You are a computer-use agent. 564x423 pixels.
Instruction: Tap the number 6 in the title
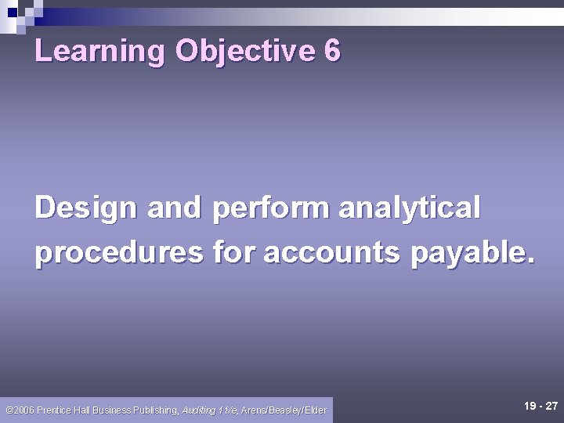pos(331,51)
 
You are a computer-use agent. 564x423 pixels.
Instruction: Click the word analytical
pos(409,208)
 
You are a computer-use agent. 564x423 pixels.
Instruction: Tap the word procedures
pos(118,252)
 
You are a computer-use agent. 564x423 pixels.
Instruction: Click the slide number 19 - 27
pos(540,406)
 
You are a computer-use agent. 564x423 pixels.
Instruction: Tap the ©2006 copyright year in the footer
pos(19,410)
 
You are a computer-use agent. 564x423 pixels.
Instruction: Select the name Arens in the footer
pos(255,410)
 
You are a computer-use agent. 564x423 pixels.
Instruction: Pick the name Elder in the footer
pos(316,410)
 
